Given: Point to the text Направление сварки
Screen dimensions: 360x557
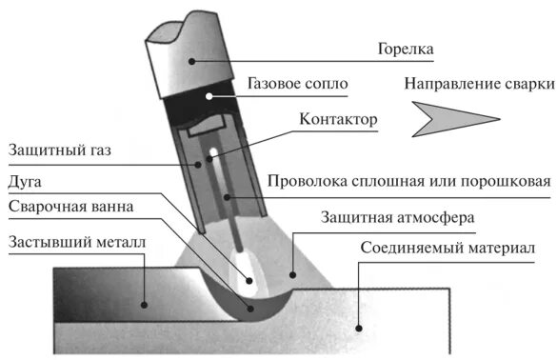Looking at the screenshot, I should (478, 84).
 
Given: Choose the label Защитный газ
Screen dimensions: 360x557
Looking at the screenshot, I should (51, 150).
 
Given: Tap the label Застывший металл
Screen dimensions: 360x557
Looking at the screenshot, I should (76, 241).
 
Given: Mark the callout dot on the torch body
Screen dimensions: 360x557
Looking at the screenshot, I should (193, 59).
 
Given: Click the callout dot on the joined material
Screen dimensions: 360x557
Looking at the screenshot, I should (358, 327).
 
